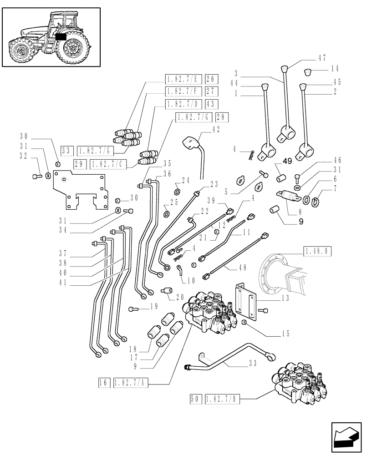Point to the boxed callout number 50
click(x=195, y=399)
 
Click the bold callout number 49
click(x=287, y=161)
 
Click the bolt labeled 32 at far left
click(x=36, y=176)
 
